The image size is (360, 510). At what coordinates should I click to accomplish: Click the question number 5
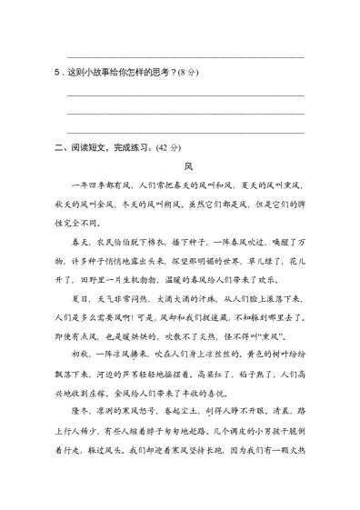coord(57,74)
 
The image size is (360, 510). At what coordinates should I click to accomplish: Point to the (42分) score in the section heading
coord(168,146)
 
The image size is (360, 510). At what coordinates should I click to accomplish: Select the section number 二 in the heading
coord(58,146)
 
